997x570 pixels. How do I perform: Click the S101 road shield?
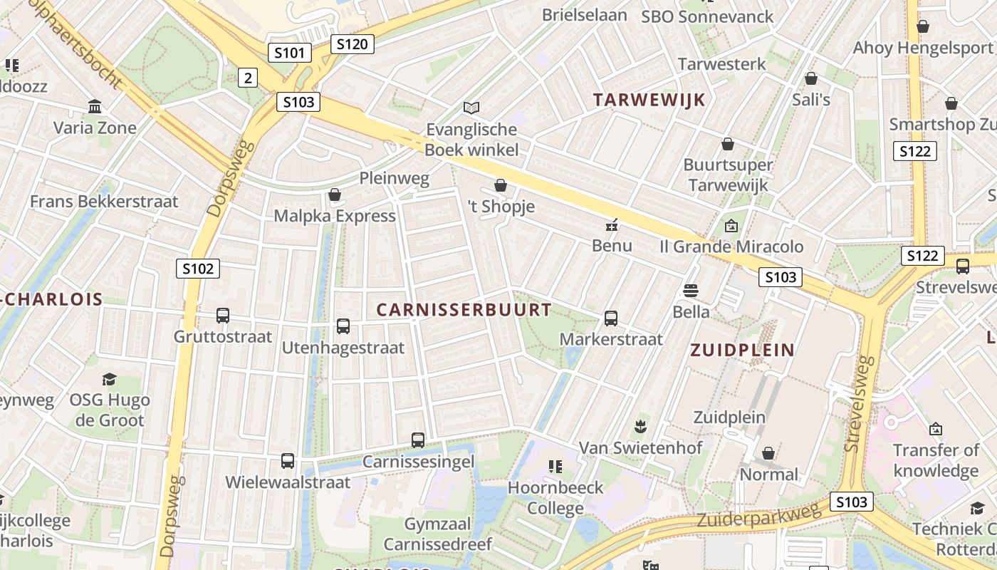pos(290,53)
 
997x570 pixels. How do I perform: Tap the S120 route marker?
pos(352,44)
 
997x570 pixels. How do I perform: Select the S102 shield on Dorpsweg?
pos(198,269)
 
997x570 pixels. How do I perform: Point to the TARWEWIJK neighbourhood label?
pos(649,100)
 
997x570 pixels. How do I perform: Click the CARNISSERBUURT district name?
pos(464,310)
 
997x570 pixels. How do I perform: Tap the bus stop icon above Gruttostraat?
pos(223,316)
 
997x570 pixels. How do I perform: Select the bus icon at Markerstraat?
pos(611,318)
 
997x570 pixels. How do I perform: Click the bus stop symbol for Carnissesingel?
pos(418,440)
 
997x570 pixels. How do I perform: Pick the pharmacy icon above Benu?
pos(611,226)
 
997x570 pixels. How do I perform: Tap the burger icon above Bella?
pos(690,291)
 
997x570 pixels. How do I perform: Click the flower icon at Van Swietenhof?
pos(640,427)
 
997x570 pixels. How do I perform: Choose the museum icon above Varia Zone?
pos(95,107)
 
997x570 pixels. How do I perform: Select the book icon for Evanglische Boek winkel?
pos(471,108)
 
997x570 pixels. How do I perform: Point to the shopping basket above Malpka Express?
pos(335,195)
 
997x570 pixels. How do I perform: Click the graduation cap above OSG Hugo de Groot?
pos(109,378)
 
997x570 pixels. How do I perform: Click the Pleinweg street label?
pos(394,178)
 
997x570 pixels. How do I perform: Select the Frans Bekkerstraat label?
pos(104,202)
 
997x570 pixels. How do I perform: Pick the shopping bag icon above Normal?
pos(768,453)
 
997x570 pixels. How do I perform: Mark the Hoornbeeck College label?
pos(555,498)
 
